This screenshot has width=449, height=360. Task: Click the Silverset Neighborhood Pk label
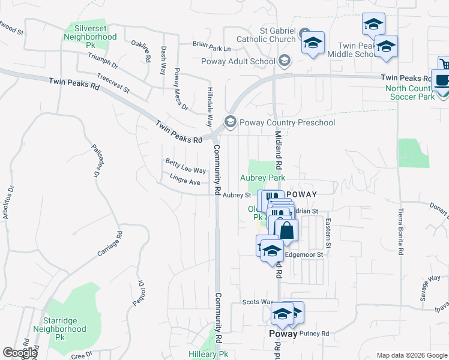91,37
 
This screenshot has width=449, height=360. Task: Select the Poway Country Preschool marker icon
230,122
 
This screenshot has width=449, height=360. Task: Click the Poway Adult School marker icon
285,61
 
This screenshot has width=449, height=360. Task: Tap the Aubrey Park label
262,178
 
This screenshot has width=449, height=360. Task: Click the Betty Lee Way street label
185,166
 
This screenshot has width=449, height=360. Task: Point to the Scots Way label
258,302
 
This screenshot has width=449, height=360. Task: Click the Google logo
19,353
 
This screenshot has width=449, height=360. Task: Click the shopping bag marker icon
287,230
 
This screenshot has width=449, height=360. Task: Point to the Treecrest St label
113,84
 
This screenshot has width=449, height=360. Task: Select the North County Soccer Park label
426,92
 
